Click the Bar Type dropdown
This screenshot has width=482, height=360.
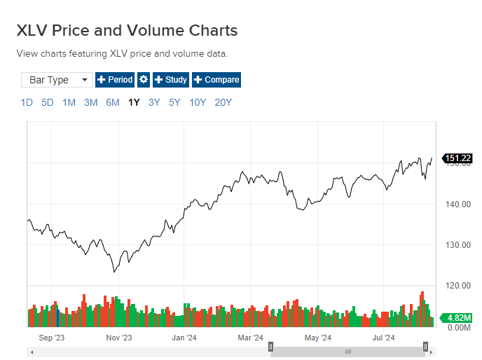57,80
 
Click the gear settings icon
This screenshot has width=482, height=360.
144,80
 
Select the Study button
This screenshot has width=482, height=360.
170,80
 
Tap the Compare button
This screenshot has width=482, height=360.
216,80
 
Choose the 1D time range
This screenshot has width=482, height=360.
27,102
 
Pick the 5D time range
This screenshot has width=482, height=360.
47,102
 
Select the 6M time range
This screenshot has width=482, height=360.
112,102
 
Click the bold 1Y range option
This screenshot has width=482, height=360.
134,102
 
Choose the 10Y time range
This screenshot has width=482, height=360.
198,102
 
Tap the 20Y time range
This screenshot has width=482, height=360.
223,102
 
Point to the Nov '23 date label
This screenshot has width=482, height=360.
118,338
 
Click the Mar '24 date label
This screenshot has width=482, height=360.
250,338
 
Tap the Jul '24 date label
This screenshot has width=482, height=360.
383,338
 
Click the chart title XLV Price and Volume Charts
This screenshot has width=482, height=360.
127,31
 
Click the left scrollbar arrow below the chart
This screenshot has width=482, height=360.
30,351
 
